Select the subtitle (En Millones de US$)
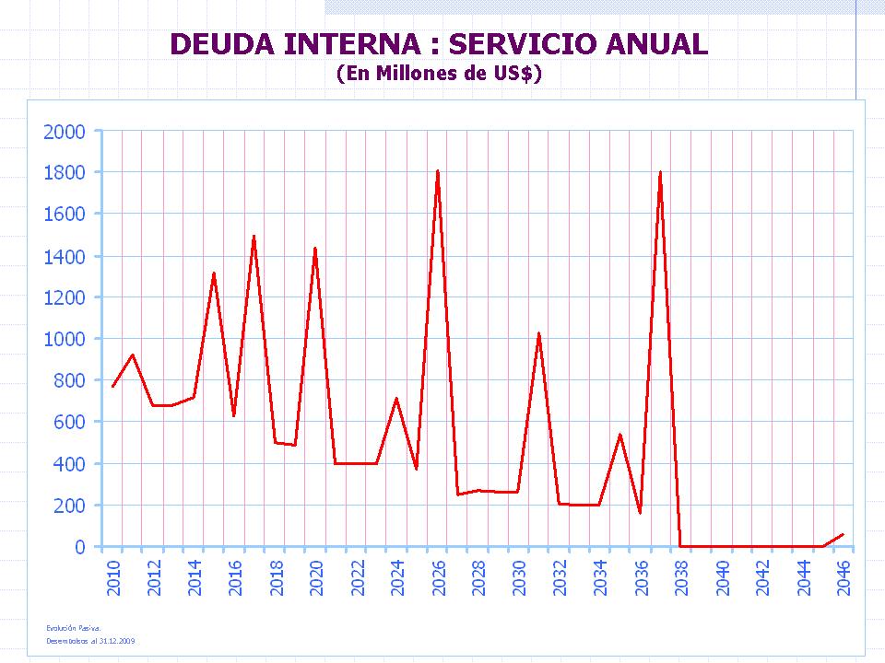tap(439, 74)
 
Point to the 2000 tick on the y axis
tap(65, 132)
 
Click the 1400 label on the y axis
tap(65, 256)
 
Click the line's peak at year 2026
tap(437, 170)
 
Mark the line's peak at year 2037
tap(660, 172)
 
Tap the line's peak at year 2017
tap(254, 237)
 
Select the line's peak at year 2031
tap(538, 333)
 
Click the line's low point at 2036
tap(640, 513)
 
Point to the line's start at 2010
tap(112, 387)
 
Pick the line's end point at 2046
tap(843, 534)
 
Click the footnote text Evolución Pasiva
tap(73, 627)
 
